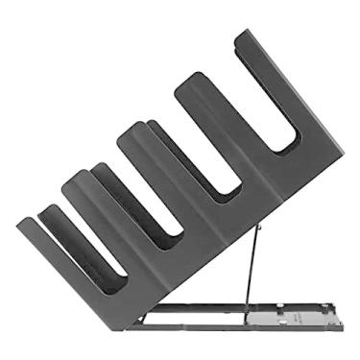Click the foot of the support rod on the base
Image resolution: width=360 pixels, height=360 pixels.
[x=247, y=308]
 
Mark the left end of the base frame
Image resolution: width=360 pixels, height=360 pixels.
[x=144, y=324]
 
